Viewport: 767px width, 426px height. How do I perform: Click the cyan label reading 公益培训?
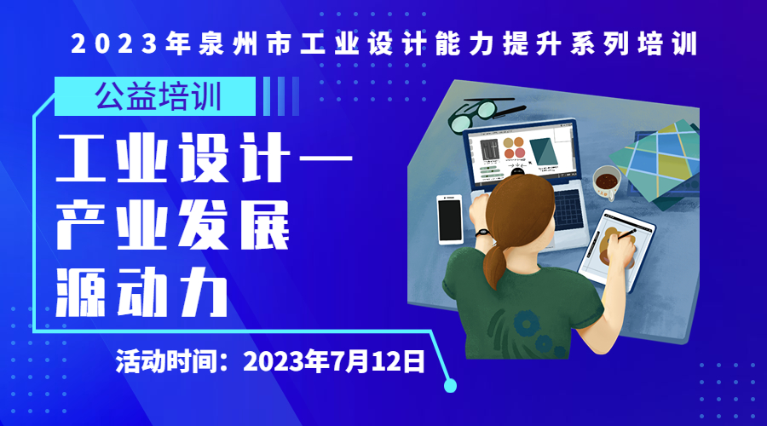coord(155,96)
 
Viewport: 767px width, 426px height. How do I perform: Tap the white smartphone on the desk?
coord(449,220)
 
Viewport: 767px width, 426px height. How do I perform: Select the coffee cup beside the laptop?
coord(607,182)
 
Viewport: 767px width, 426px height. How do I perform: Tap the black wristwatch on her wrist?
coord(482,233)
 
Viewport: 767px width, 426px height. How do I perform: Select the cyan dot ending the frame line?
coord(450,386)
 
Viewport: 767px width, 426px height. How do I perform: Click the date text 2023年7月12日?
coord(334,362)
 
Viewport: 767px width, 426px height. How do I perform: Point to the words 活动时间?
coord(167,362)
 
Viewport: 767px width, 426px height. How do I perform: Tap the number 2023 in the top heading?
coord(115,43)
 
